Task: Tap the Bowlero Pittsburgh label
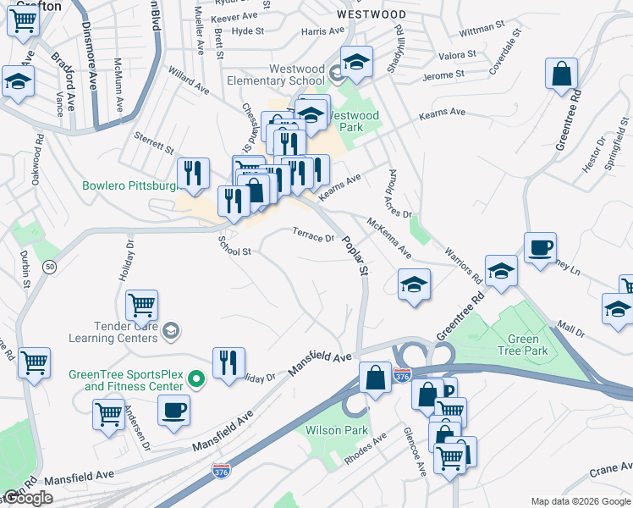coord(129,185)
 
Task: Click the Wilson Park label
coord(337,430)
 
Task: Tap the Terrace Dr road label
coord(313,235)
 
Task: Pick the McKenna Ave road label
coord(389,238)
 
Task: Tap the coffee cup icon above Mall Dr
coord(540,248)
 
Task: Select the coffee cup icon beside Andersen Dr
coord(173,411)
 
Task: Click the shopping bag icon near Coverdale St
coord(561,75)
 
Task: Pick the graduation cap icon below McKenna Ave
coord(412,284)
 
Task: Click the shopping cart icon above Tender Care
coord(141,304)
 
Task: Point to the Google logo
coord(28,499)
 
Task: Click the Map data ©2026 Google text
coord(581,501)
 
